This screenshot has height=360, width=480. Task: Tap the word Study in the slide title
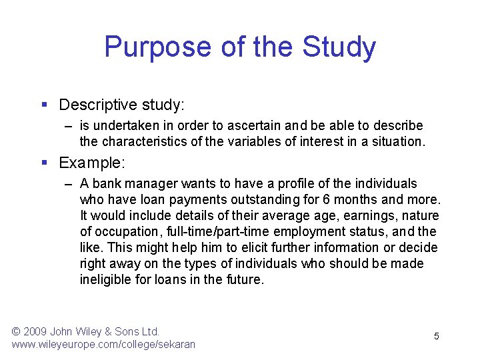point(339,47)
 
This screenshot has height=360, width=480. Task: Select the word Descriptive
point(97,105)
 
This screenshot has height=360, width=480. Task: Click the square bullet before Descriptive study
point(44,105)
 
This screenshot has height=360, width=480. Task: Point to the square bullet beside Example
point(44,163)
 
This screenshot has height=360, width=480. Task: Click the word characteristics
point(149,141)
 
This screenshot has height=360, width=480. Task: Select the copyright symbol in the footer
point(17,331)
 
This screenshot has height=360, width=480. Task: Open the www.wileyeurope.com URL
point(103,344)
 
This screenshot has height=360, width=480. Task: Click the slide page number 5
point(437,336)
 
